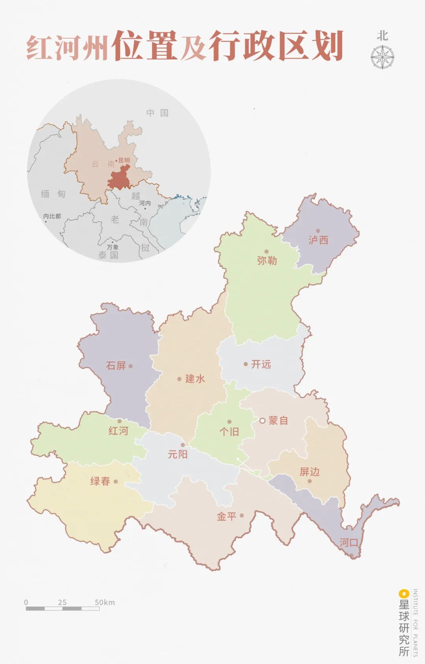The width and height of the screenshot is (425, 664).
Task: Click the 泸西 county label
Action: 318,240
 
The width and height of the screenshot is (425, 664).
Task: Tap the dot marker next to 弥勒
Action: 266,251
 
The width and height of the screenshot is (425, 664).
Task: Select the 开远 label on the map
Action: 261,364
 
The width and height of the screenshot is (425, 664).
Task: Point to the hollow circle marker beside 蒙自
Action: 262,421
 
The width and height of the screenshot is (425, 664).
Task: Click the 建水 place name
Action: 195,379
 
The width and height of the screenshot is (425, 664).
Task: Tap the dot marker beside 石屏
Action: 131,366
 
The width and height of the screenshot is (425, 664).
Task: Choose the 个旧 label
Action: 229,432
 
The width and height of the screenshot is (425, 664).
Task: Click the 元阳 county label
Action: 178,454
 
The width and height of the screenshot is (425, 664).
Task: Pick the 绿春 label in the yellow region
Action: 100,481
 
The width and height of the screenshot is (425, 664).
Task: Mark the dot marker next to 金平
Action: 242,515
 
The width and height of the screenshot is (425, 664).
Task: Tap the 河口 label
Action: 349,543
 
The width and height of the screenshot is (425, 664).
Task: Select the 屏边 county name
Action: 310,472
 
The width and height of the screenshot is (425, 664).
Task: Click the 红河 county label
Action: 118,431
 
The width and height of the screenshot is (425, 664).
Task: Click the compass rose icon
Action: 382,57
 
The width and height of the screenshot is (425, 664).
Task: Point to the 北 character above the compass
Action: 382,36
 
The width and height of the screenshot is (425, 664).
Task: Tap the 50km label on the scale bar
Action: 105,602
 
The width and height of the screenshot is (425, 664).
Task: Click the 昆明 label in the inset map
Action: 124,160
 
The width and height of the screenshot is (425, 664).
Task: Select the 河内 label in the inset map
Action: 145,203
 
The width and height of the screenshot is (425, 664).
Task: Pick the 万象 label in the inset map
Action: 113,247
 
